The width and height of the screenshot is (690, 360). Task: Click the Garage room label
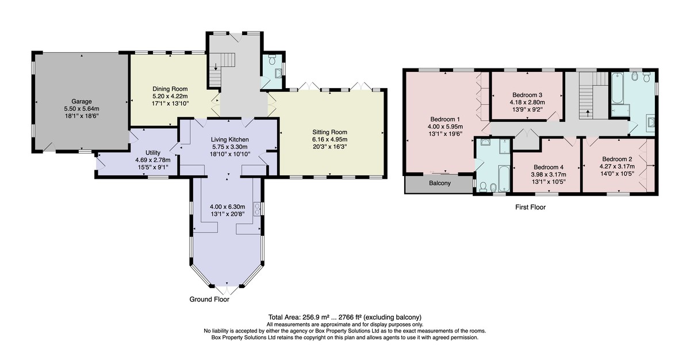[x=82, y=101]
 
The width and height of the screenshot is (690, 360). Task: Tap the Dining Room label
[x=170, y=89]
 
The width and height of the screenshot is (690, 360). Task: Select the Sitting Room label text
[x=329, y=132]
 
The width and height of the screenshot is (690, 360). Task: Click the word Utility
[x=153, y=153]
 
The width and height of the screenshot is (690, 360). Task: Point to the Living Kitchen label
[x=230, y=140]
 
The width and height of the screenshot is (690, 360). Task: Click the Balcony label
[x=440, y=183]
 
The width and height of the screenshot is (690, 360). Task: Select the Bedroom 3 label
[x=527, y=95]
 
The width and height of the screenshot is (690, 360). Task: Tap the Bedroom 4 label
[x=549, y=167]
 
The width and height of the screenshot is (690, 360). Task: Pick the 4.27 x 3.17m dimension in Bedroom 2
[x=617, y=167]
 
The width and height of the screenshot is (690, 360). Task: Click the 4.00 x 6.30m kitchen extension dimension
[x=227, y=206]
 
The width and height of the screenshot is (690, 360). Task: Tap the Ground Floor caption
[x=209, y=300]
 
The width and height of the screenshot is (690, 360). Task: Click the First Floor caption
[x=530, y=207]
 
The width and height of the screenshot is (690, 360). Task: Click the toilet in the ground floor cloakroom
[x=272, y=59]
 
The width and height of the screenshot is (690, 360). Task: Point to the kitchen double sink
[x=257, y=209]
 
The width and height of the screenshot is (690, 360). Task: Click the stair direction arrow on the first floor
[x=588, y=113]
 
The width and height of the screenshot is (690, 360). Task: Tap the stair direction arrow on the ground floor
[x=216, y=66]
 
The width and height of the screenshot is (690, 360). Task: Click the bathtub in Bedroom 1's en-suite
[x=504, y=179]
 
